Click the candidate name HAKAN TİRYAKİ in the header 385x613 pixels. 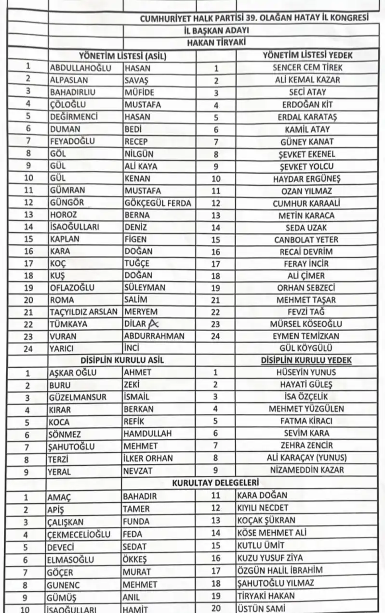pyautogui.click(x=216, y=42)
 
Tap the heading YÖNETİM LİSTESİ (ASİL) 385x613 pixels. pyautogui.click(x=122, y=55)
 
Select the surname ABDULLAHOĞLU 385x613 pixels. pyautogui.click(x=80, y=68)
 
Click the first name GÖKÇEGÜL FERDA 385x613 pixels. pyautogui.click(x=158, y=203)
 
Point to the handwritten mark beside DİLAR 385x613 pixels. pyautogui.click(x=153, y=323)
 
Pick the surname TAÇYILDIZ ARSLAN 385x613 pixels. pyautogui.click(x=84, y=311)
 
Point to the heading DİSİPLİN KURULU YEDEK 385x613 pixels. pyautogui.click(x=306, y=360)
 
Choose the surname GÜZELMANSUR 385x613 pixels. pyautogui.click(x=78, y=397)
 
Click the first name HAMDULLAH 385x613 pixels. pyautogui.click(x=147, y=434)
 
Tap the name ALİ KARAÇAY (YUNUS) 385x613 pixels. pyautogui.click(x=306, y=458)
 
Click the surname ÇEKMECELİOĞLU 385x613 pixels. pyautogui.click(x=79, y=534)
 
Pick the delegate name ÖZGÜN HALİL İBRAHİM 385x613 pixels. pyautogui.click(x=279, y=570)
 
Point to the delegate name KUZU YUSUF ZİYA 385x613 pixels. pyautogui.click(x=270, y=558)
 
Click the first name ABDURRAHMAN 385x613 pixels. pyautogui.click(x=154, y=336)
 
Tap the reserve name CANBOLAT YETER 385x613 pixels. pyautogui.click(x=306, y=239)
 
